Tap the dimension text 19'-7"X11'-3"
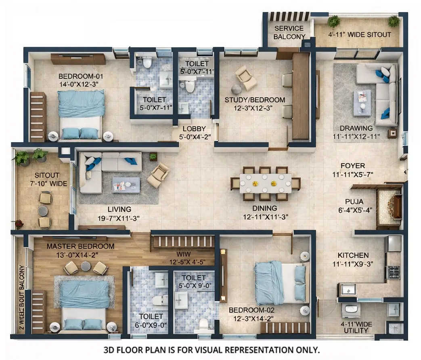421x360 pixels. coord(119,218)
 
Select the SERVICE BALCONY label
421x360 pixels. coord(289,32)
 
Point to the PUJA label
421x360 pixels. coord(354,201)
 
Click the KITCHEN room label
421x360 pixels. coord(353,255)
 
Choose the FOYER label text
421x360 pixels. coord(352,166)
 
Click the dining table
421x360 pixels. coord(265,183)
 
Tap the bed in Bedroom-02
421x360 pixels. coord(280,282)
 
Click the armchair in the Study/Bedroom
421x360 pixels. coord(246,78)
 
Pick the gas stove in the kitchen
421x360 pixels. coord(394,272)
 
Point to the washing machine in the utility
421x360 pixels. coord(351,310)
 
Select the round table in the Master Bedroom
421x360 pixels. coord(86,266)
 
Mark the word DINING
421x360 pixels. coord(265,208)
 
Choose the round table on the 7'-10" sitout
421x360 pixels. coord(43,211)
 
